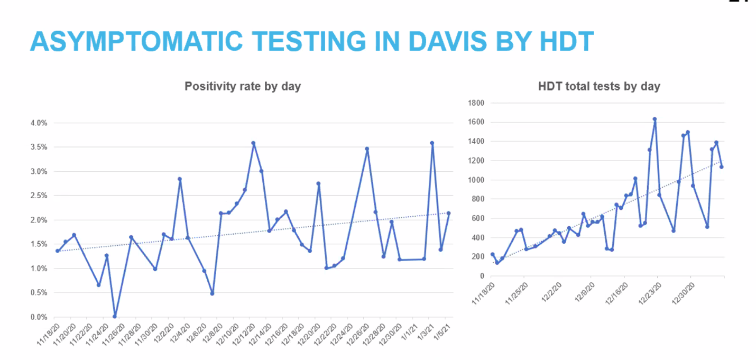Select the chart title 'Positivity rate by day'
point(243,86)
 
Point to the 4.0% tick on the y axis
point(39,123)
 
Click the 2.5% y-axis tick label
point(39,196)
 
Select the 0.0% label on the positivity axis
point(39,317)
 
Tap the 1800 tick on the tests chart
point(477,103)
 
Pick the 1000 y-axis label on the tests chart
point(477,180)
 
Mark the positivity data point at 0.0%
point(115,316)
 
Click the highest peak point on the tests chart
point(654,119)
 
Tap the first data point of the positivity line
point(57,251)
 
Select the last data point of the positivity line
point(448,213)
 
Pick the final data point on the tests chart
point(721,167)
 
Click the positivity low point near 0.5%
point(212,293)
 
